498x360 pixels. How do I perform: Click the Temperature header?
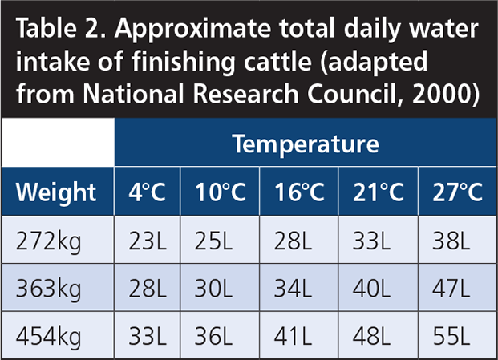click(306, 144)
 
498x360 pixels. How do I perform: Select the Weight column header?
click(56, 192)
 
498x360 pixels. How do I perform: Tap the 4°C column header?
click(147, 192)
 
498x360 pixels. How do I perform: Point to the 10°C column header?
click(220, 192)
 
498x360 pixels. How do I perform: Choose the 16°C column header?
click(299, 192)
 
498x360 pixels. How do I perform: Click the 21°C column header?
click(379, 192)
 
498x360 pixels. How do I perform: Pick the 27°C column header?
click(458, 192)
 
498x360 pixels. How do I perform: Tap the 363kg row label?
click(49, 289)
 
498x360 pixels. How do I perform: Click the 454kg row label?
click(49, 337)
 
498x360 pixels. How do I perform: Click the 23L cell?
click(148, 241)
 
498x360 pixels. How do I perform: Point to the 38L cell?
click(451, 241)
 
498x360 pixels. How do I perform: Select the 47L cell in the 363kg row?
click(451, 289)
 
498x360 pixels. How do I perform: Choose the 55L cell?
click(451, 336)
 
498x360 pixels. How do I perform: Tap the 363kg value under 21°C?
click(371, 289)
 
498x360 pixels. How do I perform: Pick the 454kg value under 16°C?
click(293, 336)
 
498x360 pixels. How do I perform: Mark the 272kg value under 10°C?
click(213, 241)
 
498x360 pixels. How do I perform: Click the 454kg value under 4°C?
click(148, 336)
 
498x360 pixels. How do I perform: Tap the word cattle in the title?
click(277, 61)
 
